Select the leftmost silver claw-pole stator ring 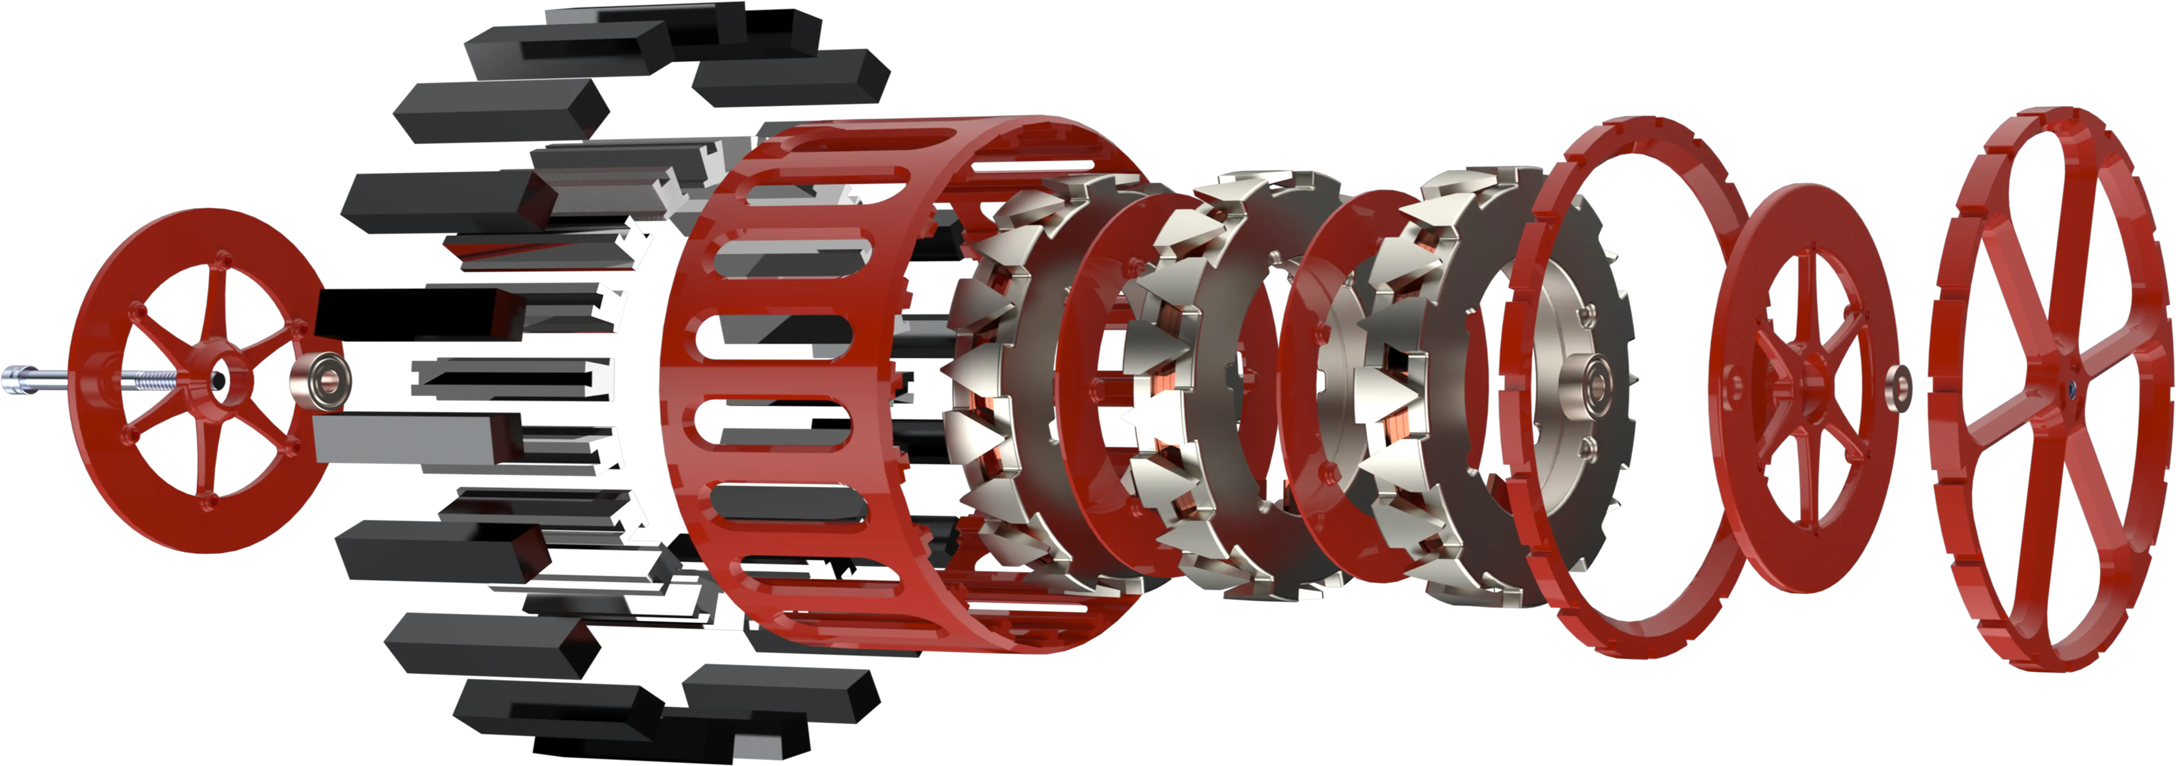tap(988, 380)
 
